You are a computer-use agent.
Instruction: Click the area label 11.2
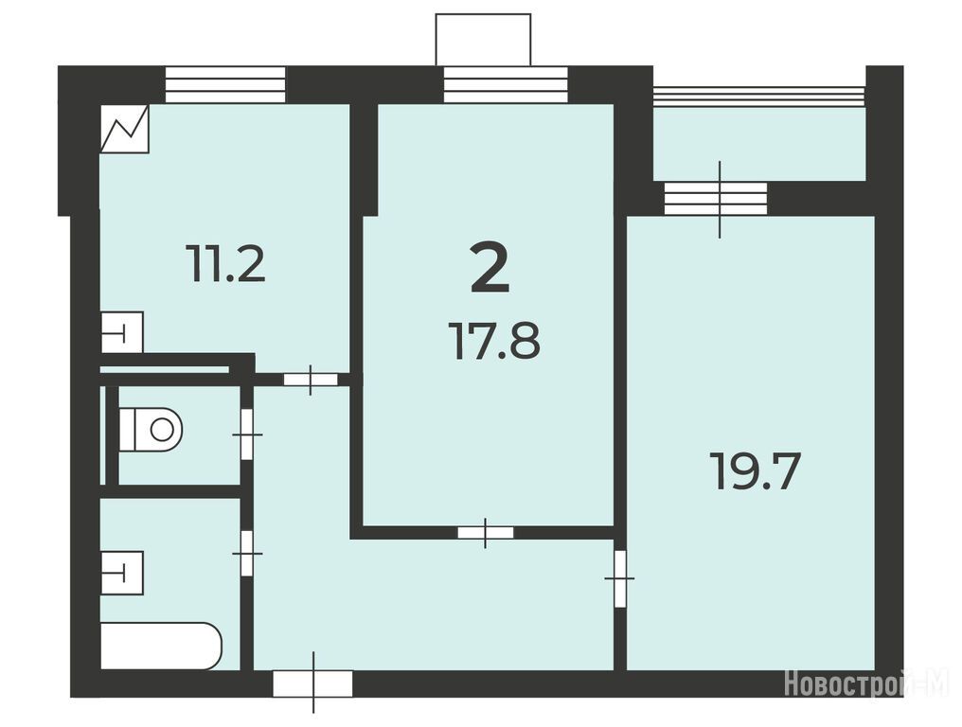click(x=227, y=263)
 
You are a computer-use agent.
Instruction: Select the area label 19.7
click(x=755, y=471)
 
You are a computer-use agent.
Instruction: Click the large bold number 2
click(x=490, y=268)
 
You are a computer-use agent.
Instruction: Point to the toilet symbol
click(x=151, y=429)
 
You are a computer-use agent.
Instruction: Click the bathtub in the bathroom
click(x=161, y=646)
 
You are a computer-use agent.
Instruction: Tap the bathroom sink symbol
click(x=122, y=573)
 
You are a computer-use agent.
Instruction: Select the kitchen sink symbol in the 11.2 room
click(x=122, y=332)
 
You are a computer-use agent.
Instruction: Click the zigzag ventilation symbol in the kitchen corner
click(x=125, y=128)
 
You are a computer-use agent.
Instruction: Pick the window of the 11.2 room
click(x=225, y=84)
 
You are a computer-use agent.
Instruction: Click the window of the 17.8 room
click(x=506, y=84)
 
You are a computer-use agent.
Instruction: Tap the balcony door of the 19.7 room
click(x=716, y=199)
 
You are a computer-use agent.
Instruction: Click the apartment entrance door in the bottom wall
click(x=312, y=683)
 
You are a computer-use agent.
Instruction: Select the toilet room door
click(x=246, y=434)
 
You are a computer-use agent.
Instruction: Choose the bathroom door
click(x=246, y=554)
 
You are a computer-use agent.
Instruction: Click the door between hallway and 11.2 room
click(x=311, y=380)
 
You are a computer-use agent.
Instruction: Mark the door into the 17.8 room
click(x=486, y=532)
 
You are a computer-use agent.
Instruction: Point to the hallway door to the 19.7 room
click(x=620, y=578)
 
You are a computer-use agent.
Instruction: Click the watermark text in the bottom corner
click(x=866, y=683)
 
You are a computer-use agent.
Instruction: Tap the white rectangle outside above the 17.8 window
click(x=483, y=39)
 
